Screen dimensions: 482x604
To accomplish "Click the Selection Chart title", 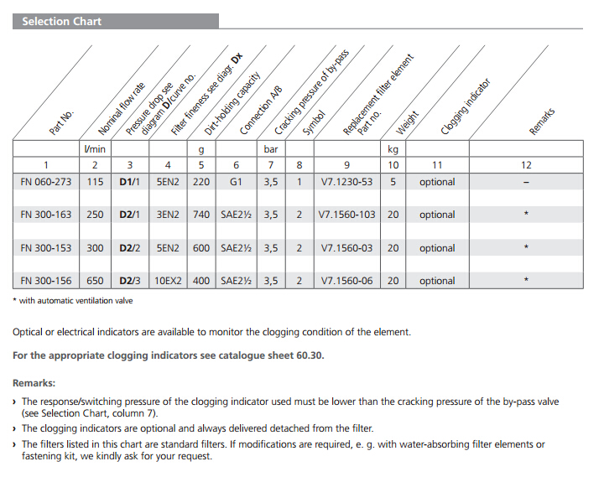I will pyautogui.click(x=61, y=22).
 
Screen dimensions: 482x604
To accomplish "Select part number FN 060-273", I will pyautogui.click(x=46, y=182).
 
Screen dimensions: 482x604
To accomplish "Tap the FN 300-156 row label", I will pyautogui.click(x=46, y=281).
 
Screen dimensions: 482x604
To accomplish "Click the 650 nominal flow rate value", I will pyautogui.click(x=95, y=281).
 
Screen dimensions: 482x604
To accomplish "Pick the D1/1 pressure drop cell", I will pyautogui.click(x=128, y=182).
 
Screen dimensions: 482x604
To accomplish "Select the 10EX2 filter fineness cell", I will pyautogui.click(x=168, y=281).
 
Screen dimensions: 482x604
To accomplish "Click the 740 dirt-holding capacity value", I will pyautogui.click(x=201, y=215).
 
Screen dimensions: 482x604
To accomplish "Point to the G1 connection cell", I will pyautogui.click(x=236, y=182).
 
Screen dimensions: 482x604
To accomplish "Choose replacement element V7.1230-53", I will pyautogui.click(x=347, y=182).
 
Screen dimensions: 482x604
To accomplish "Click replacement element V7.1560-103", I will pyautogui.click(x=347, y=215).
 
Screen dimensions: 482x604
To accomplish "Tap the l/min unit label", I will pyautogui.click(x=95, y=149).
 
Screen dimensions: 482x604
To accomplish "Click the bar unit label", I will pyautogui.click(x=271, y=149).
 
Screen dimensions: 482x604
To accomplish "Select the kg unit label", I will pyautogui.click(x=393, y=149).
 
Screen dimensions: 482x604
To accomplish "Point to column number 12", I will pyautogui.click(x=526, y=165).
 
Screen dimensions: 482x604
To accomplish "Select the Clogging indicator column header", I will pyautogui.click(x=466, y=107).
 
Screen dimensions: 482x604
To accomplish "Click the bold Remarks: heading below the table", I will pyautogui.click(x=34, y=382).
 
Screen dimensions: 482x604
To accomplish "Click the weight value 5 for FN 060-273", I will pyautogui.click(x=393, y=182).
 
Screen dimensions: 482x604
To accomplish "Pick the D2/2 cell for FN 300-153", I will pyautogui.click(x=128, y=248).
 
